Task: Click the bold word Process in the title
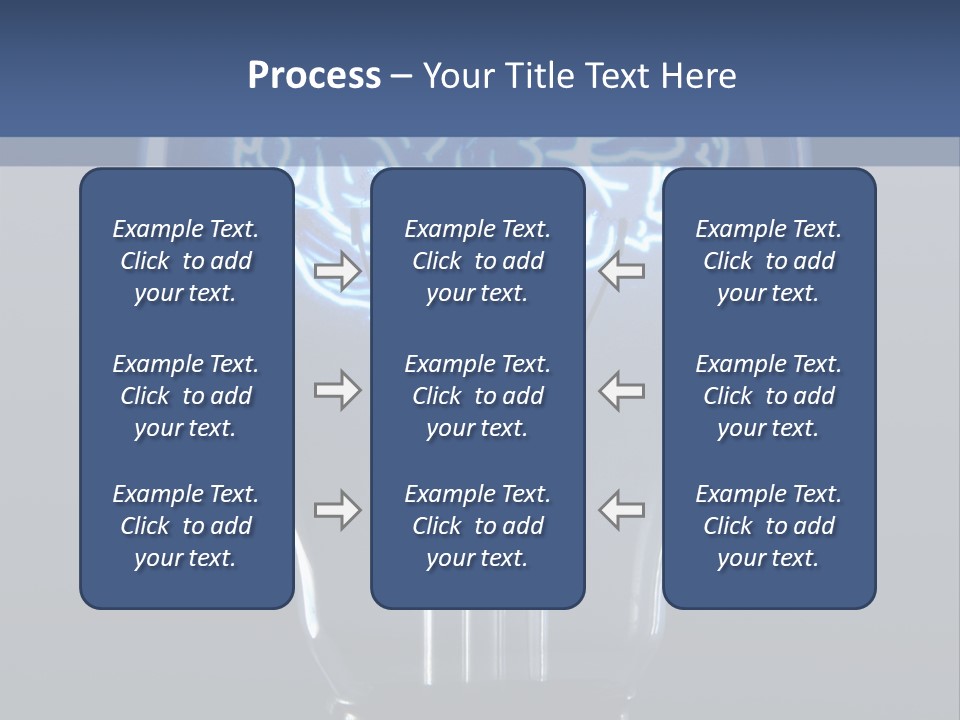coord(314,76)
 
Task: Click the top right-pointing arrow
coord(337,270)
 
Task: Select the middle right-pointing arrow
coord(337,390)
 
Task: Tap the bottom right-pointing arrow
coord(337,510)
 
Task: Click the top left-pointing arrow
coord(621,270)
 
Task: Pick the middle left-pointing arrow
coord(621,390)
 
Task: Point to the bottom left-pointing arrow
coord(621,510)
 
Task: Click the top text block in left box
coord(186,261)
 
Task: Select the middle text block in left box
coord(186,396)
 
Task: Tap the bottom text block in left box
coord(186,526)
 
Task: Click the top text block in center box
coord(477,261)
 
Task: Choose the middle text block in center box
coord(477,396)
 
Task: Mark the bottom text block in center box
coord(477,526)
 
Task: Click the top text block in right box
coord(768,261)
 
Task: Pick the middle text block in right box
coord(768,396)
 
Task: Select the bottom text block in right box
coord(768,526)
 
